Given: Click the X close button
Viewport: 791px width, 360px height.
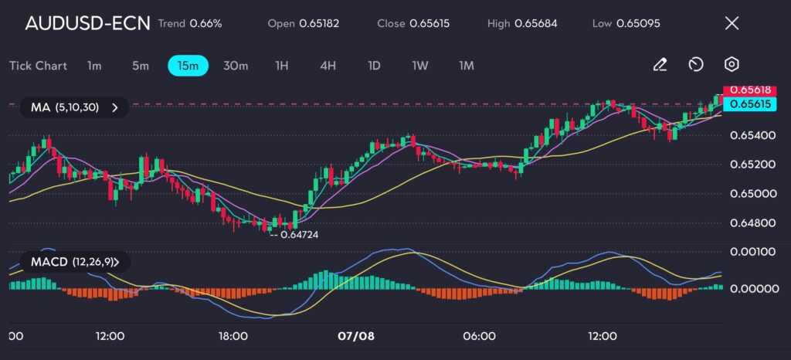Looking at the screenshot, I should (732, 23).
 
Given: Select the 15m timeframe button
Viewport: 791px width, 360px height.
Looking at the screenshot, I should (188, 66).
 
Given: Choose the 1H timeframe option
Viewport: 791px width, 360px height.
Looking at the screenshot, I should (281, 66).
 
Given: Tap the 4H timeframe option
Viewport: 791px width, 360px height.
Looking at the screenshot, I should (328, 66).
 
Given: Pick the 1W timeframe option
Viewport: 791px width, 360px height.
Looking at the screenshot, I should (419, 66).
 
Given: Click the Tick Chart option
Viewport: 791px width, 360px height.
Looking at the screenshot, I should (38, 66).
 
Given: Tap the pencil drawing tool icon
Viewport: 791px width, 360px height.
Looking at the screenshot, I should (660, 65).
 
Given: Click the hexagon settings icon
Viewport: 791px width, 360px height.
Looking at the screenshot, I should (732, 65).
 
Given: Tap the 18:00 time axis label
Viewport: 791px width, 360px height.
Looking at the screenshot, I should (233, 336).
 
